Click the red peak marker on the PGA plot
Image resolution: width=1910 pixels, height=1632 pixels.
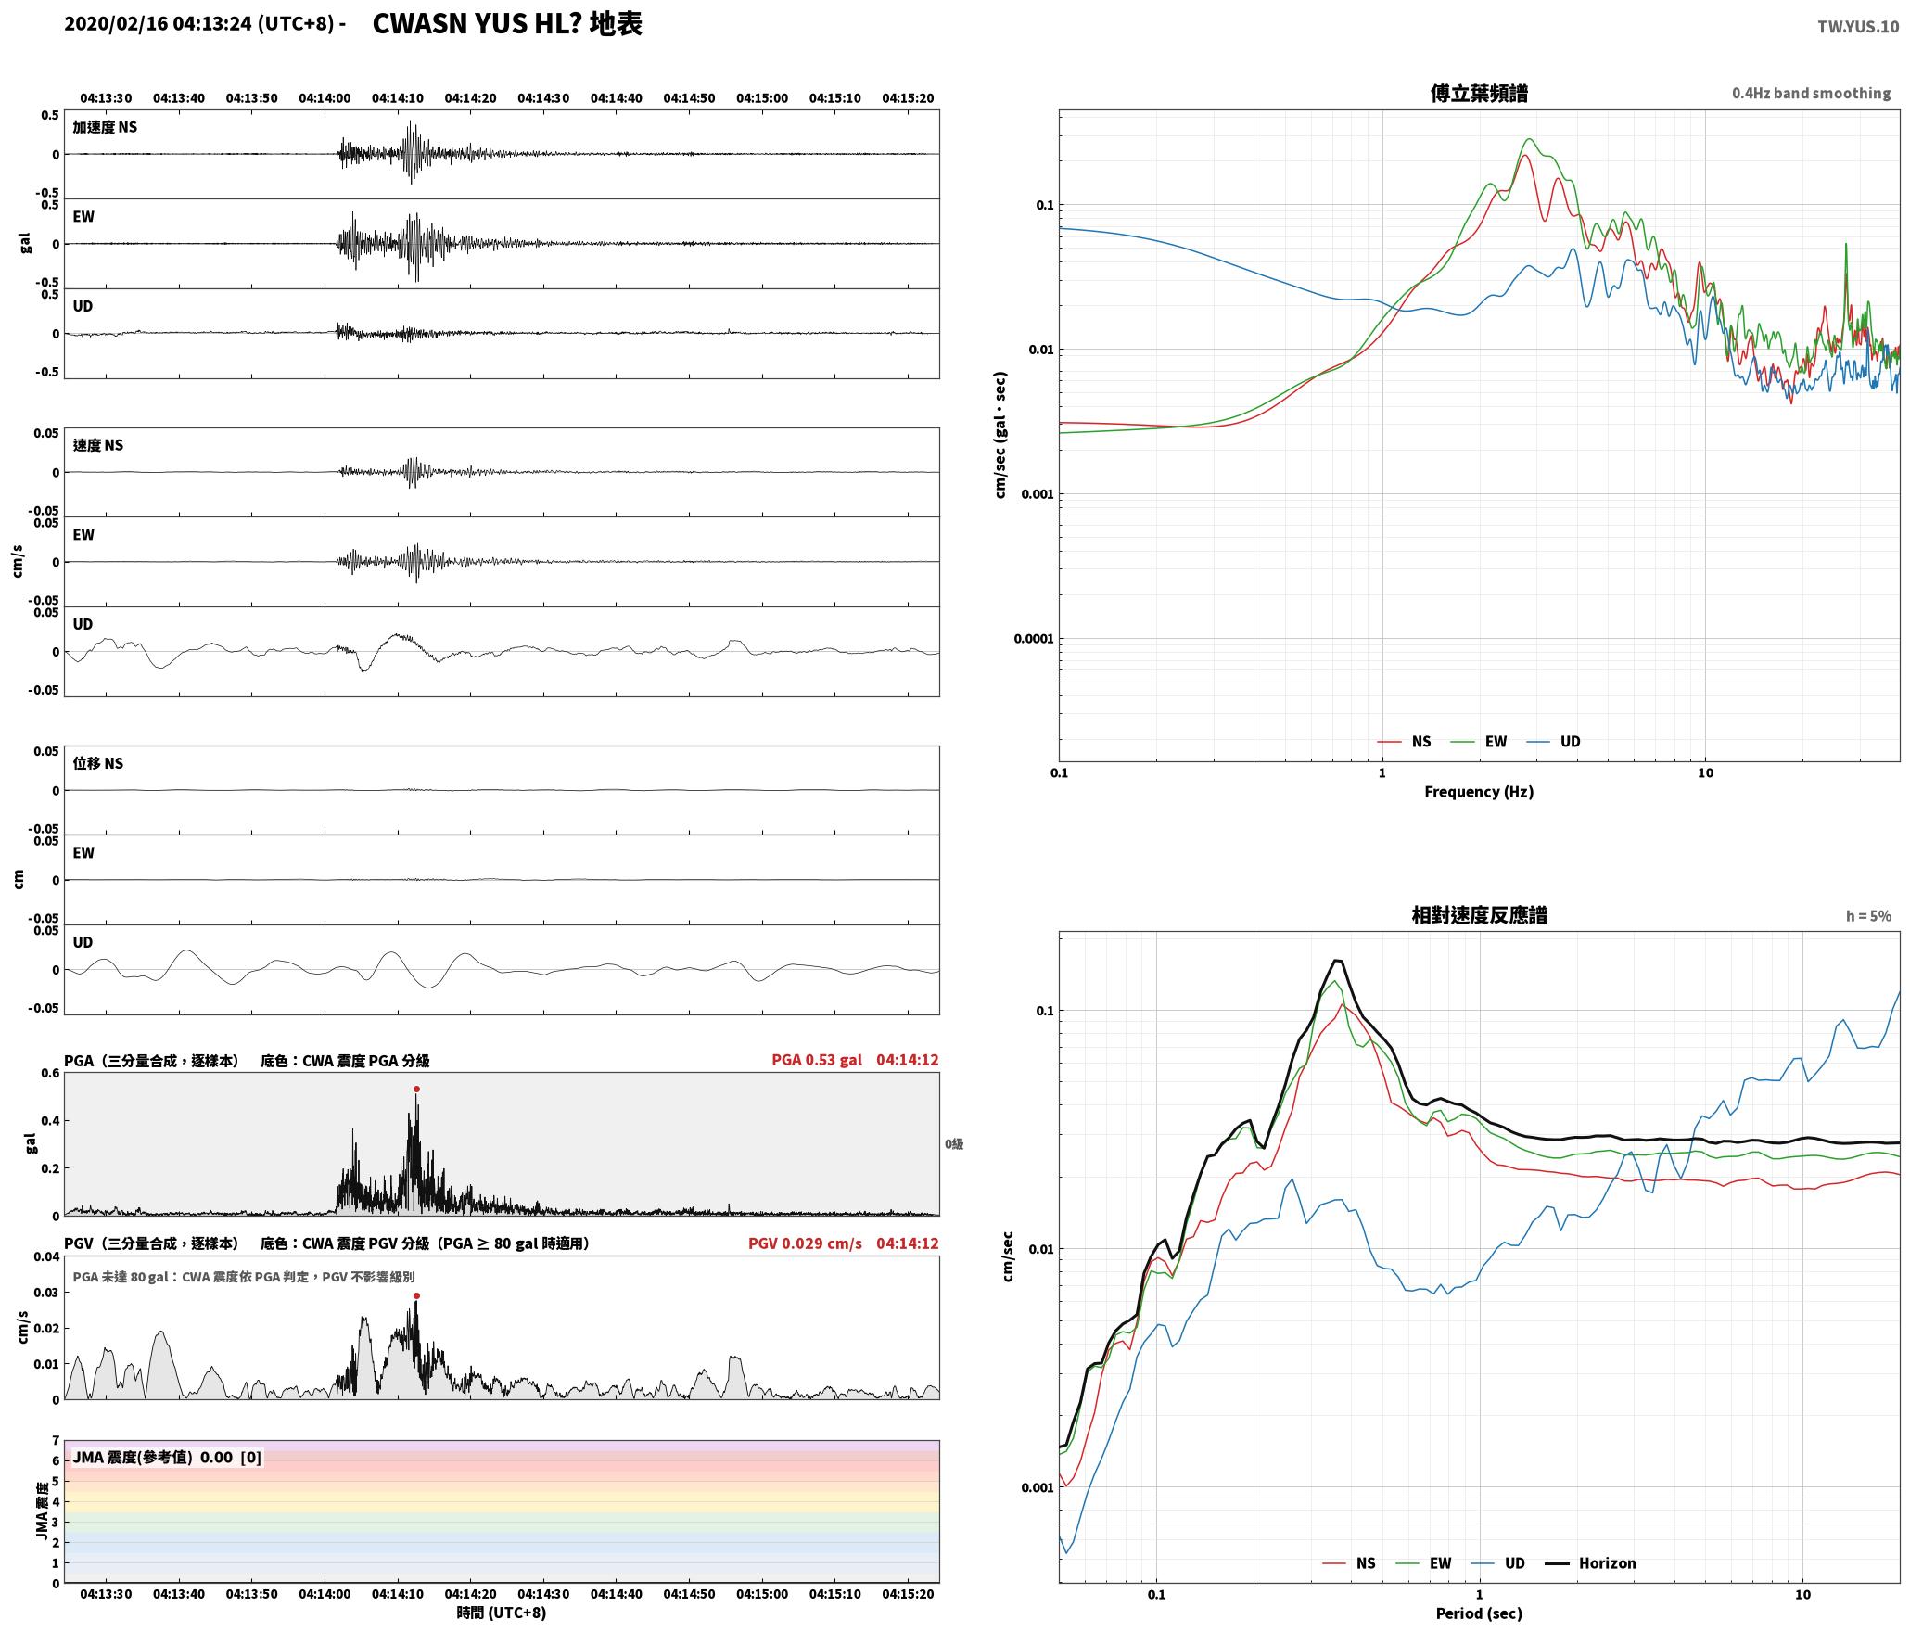coord(416,1089)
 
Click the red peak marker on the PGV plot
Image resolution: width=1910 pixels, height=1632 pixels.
coord(416,1295)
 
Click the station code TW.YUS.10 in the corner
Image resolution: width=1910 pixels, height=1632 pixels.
coord(1857,27)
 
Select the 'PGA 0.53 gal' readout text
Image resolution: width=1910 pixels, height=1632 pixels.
coord(817,1060)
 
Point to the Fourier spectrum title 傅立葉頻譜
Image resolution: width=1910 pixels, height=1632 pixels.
coord(1479,94)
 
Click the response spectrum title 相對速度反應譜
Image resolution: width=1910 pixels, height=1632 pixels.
coord(1479,915)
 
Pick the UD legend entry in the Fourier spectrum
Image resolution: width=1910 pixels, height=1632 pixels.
coord(1554,742)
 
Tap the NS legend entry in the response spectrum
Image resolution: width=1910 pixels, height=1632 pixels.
coord(1349,1563)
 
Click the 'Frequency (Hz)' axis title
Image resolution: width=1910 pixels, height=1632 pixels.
coord(1479,792)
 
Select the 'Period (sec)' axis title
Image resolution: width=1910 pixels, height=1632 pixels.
coord(1479,1613)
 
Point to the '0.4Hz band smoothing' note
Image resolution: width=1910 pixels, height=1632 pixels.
coord(1811,94)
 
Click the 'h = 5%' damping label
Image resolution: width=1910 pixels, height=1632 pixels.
coord(1868,916)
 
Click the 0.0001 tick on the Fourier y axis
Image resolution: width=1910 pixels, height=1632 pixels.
coord(1030,639)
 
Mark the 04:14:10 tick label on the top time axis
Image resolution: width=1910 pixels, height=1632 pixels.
coord(398,98)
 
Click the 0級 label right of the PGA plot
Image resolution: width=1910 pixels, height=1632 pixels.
coord(954,1144)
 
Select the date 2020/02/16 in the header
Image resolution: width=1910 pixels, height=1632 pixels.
coord(116,24)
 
